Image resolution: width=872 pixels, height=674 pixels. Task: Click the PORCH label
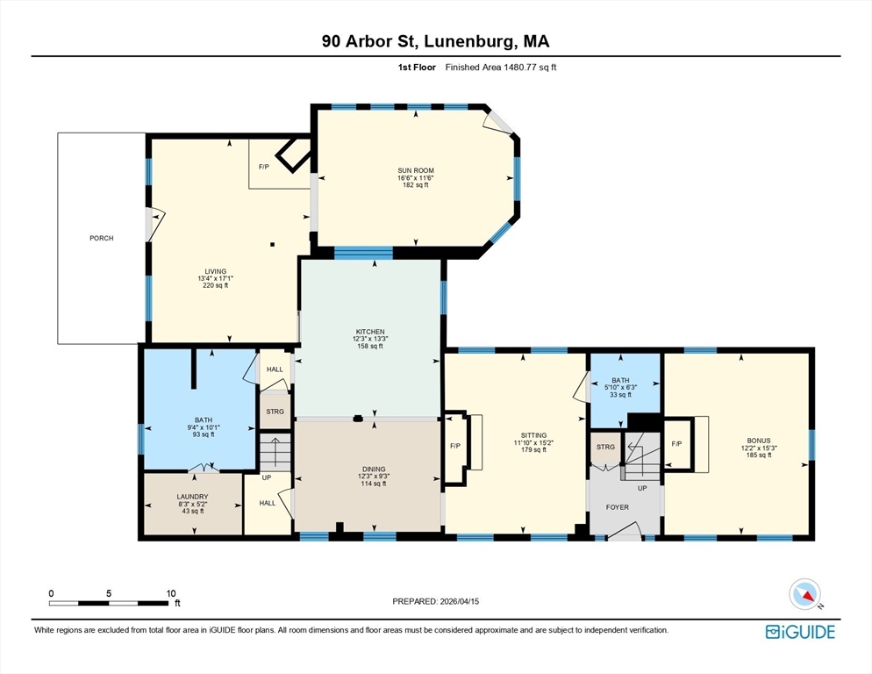(x=101, y=238)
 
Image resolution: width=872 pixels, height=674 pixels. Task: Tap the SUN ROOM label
(x=416, y=171)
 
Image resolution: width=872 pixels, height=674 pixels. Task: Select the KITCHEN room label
(x=370, y=332)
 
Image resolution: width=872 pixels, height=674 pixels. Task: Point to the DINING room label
(x=374, y=470)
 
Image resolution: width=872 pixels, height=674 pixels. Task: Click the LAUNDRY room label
(x=192, y=497)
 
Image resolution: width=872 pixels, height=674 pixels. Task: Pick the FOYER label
(x=618, y=507)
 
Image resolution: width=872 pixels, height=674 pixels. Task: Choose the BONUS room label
(x=759, y=441)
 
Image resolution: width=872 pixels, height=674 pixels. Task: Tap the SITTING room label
(x=534, y=436)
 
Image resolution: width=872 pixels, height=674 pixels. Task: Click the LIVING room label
(x=215, y=271)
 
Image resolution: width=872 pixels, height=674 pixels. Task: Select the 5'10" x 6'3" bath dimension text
(x=620, y=387)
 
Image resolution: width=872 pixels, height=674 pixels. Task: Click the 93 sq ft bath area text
(x=204, y=434)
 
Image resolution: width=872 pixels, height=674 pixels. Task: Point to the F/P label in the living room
(x=264, y=167)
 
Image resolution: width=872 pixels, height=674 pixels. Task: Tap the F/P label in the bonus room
(x=676, y=444)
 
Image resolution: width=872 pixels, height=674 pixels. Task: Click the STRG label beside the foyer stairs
(x=605, y=447)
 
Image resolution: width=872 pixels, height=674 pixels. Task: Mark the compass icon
(x=805, y=594)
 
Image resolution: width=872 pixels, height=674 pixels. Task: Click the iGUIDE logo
(x=800, y=632)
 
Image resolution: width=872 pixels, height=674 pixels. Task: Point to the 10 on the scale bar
(x=171, y=593)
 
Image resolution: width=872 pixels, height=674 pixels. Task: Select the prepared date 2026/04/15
(x=460, y=601)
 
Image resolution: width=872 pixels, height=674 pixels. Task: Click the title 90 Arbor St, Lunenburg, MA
(x=435, y=41)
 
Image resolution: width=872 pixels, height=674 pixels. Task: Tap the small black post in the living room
(x=273, y=244)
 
